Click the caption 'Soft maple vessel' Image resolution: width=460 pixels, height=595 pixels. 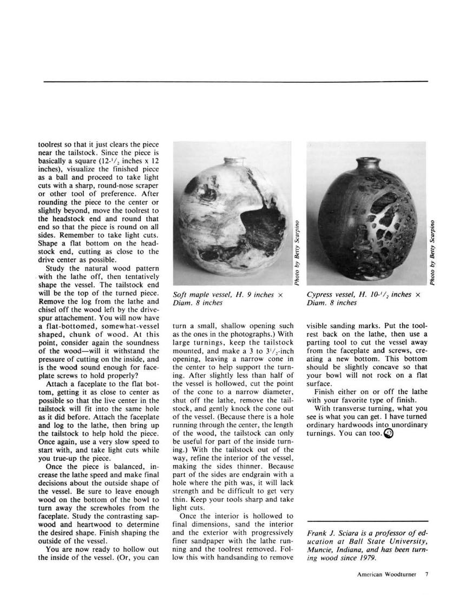pyautogui.click(x=203, y=295)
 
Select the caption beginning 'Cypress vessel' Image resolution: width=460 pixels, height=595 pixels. pyautogui.click(x=330, y=295)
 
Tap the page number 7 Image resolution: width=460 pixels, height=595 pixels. pyautogui.click(x=426, y=575)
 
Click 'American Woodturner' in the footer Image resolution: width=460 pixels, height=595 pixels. pyautogui.click(x=387, y=575)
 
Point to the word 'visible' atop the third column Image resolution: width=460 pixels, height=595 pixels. pyautogui.click(x=319, y=327)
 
